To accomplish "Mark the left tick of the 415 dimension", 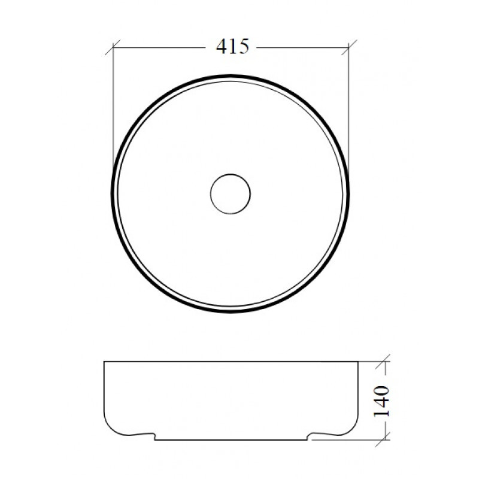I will click(114, 47).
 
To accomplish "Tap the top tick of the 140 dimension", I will click(384, 362).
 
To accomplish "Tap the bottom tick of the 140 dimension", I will click(384, 438).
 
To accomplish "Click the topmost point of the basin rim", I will click(231, 76).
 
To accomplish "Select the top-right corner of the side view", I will click(357, 362).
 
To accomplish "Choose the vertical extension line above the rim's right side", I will click(349, 108).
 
